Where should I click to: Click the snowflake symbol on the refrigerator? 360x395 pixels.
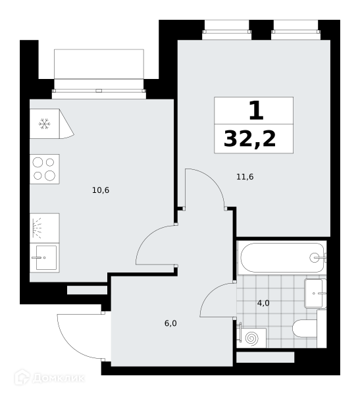(45, 124)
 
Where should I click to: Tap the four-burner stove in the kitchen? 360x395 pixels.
(45, 169)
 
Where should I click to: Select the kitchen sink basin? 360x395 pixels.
(46, 257)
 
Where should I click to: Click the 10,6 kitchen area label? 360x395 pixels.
(101, 190)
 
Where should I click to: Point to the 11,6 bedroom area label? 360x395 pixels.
(245, 177)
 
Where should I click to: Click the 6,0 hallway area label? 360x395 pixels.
(170, 323)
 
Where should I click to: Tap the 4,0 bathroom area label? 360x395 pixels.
(263, 303)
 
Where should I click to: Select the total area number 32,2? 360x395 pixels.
(249, 139)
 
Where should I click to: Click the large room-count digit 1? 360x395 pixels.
(256, 111)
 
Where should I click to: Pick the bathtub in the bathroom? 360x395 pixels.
(282, 257)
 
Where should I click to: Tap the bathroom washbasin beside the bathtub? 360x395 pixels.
(315, 293)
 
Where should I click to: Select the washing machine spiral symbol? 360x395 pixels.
(251, 338)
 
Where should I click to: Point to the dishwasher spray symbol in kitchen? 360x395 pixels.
(37, 228)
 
